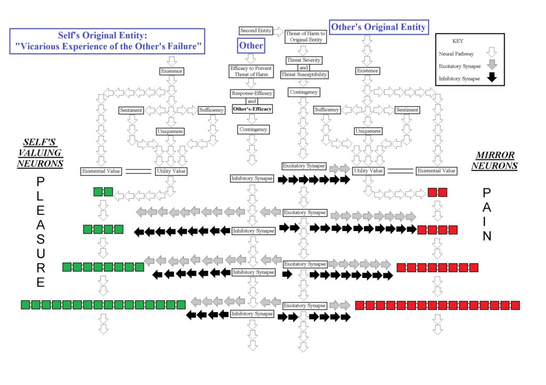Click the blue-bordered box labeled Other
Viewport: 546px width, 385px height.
pyautogui.click(x=251, y=46)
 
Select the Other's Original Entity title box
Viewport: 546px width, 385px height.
pyautogui.click(x=379, y=27)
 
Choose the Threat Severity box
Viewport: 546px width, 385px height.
pyautogui.click(x=303, y=60)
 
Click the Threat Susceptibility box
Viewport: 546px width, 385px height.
pyautogui.click(x=303, y=75)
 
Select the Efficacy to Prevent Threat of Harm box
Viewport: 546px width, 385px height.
pyautogui.click(x=251, y=71)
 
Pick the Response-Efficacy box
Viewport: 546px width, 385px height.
pyautogui.click(x=252, y=93)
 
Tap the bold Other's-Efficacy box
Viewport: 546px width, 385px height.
pyautogui.click(x=252, y=109)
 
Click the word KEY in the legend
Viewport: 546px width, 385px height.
pyautogui.click(x=458, y=41)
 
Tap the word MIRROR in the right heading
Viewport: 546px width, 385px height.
pyautogui.click(x=496, y=155)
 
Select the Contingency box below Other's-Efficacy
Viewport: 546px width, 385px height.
pyautogui.click(x=253, y=130)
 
